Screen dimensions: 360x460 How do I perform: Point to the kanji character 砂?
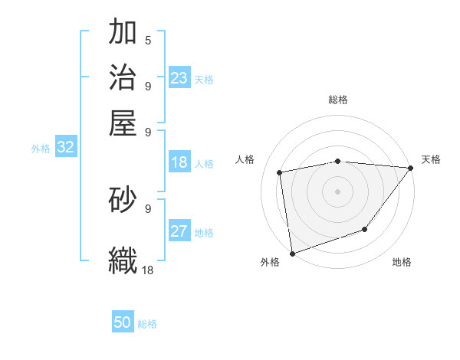(x=123, y=199)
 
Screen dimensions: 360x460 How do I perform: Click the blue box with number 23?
(x=179, y=77)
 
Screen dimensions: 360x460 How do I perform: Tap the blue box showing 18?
(x=179, y=162)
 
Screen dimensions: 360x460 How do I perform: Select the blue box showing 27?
(x=179, y=231)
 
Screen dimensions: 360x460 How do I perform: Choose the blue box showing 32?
(x=65, y=148)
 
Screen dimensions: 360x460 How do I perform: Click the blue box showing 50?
(x=123, y=322)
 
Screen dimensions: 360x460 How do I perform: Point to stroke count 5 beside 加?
(x=148, y=41)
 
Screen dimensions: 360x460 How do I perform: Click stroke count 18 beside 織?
(x=148, y=270)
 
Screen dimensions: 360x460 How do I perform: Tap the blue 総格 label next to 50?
(x=147, y=324)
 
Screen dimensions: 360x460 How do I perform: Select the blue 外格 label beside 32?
(x=41, y=149)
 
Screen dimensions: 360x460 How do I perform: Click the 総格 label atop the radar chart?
(x=337, y=100)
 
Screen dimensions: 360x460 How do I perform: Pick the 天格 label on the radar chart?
(x=431, y=159)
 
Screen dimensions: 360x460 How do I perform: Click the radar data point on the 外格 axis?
(x=292, y=253)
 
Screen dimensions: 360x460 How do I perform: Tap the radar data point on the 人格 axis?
(x=280, y=172)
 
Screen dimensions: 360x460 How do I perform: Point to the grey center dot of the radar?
(x=337, y=191)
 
